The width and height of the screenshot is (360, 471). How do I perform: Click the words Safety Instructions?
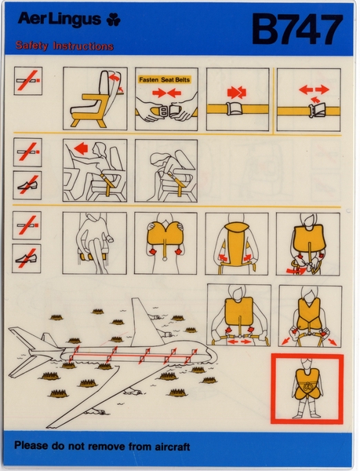coord(64,46)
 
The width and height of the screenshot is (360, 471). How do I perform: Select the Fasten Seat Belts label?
coord(165,79)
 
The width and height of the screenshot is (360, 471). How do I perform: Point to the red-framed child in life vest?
coord(307,389)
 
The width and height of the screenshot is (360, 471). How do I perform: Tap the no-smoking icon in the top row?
coord(27,81)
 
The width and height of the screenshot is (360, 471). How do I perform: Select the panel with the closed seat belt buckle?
coord(237,99)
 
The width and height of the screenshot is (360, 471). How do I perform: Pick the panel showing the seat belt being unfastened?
coord(308,99)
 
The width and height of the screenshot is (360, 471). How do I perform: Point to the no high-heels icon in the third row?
coord(27,258)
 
